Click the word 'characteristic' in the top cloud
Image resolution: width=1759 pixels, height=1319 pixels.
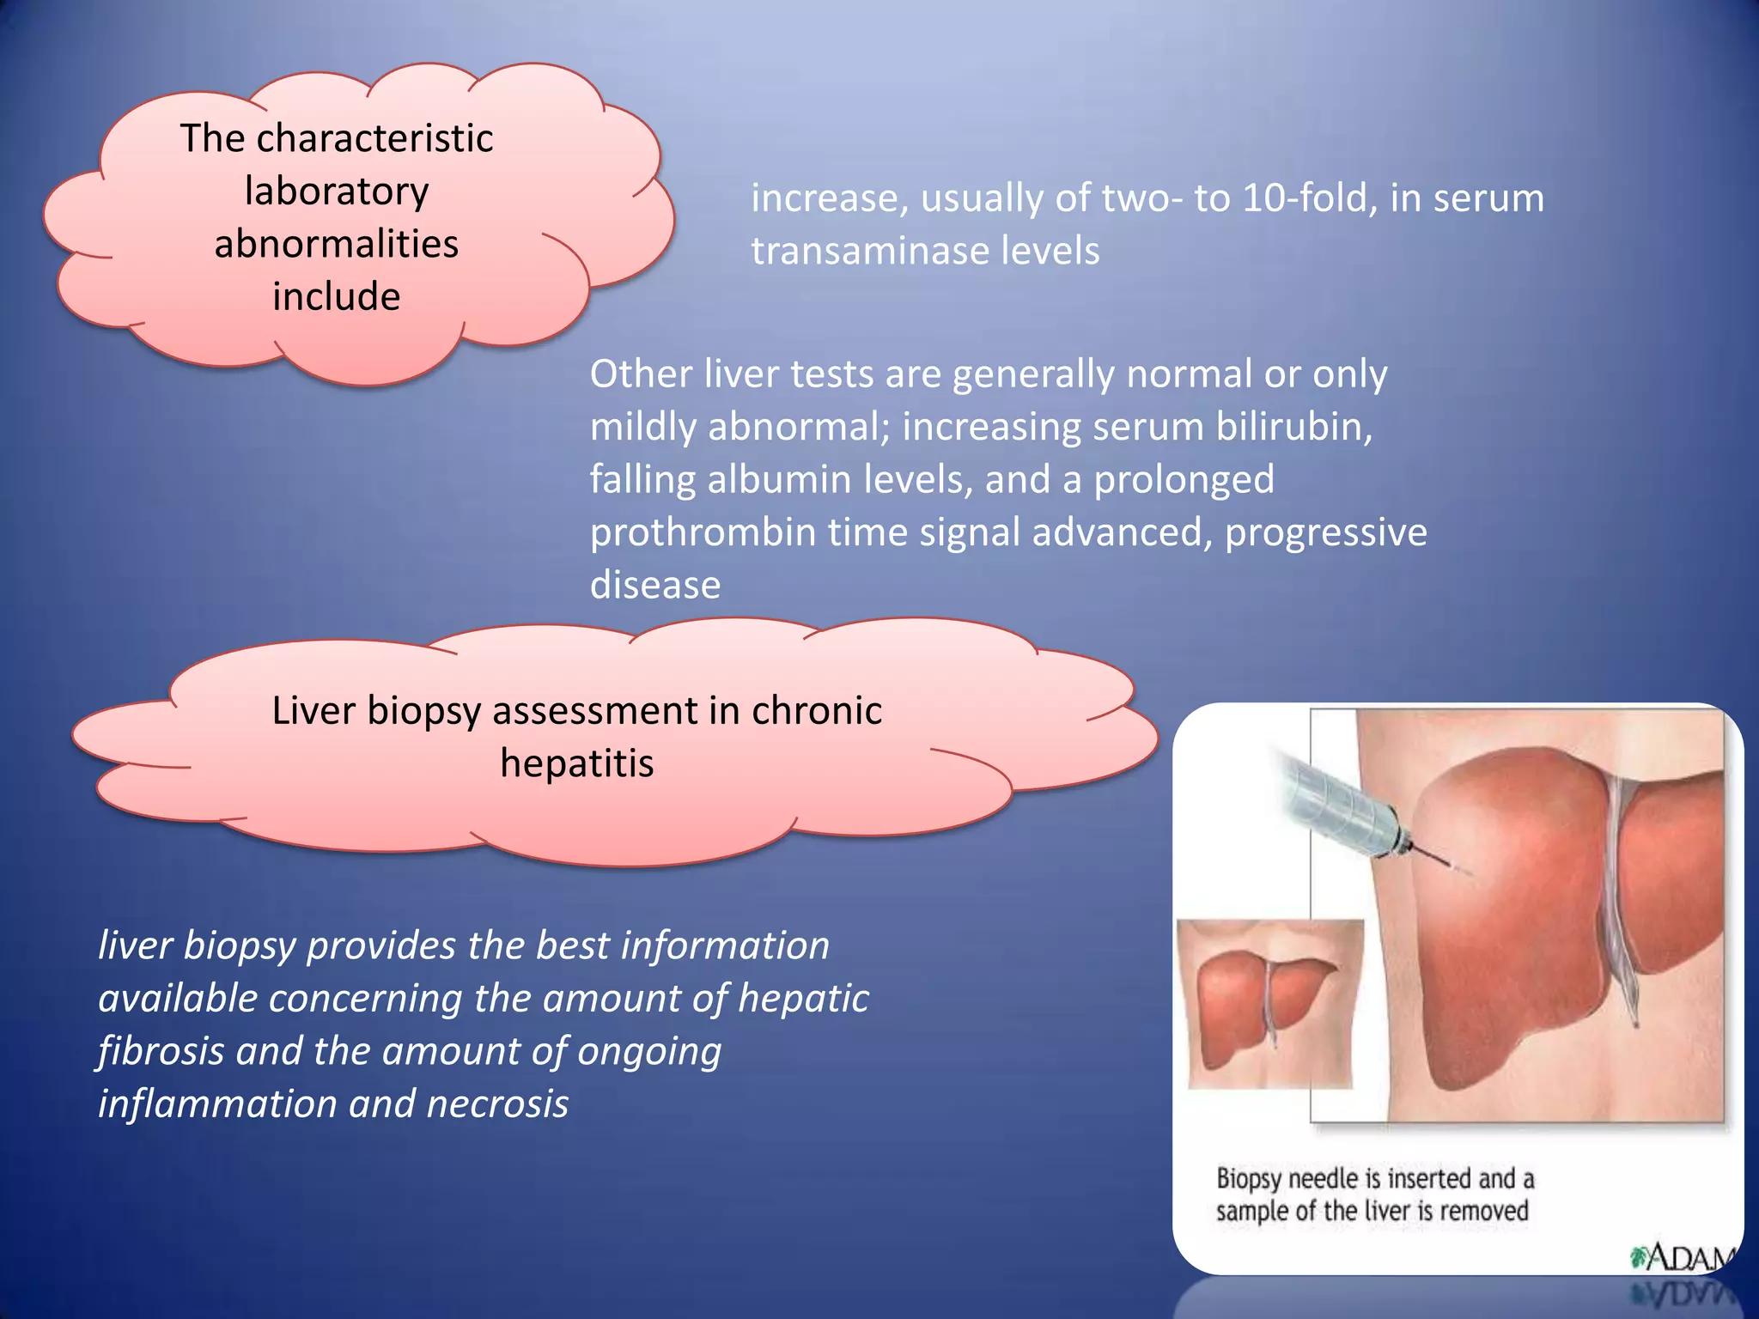point(374,138)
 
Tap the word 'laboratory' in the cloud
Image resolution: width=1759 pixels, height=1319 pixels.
point(337,191)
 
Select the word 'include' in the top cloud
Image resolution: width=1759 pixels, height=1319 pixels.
point(337,296)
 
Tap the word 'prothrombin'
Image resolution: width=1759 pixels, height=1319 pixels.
point(703,532)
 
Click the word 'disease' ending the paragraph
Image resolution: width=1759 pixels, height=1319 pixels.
point(654,586)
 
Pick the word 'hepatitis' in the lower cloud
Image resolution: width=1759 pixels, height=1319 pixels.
point(577,763)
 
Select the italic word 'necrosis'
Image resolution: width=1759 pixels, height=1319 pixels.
point(497,1104)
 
